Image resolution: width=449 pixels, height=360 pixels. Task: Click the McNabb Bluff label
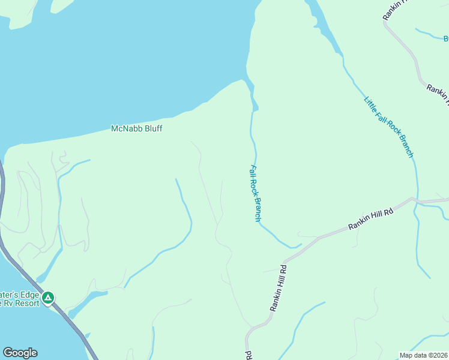(x=137, y=128)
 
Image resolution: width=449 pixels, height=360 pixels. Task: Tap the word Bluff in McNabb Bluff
(x=152, y=128)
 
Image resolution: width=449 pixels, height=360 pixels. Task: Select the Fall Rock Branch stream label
(x=255, y=193)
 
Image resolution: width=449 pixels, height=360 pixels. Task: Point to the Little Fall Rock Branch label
(x=389, y=126)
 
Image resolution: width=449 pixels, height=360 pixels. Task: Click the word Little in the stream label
(x=370, y=103)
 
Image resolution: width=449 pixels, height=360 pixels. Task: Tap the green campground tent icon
(x=48, y=297)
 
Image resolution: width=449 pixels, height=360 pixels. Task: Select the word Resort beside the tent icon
(x=28, y=303)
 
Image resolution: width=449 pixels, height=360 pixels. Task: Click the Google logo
(x=20, y=353)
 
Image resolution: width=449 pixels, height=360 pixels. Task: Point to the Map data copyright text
(x=424, y=355)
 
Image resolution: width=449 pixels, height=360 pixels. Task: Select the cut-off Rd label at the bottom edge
(x=247, y=355)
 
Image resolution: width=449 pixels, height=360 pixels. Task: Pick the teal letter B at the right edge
(x=445, y=39)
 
